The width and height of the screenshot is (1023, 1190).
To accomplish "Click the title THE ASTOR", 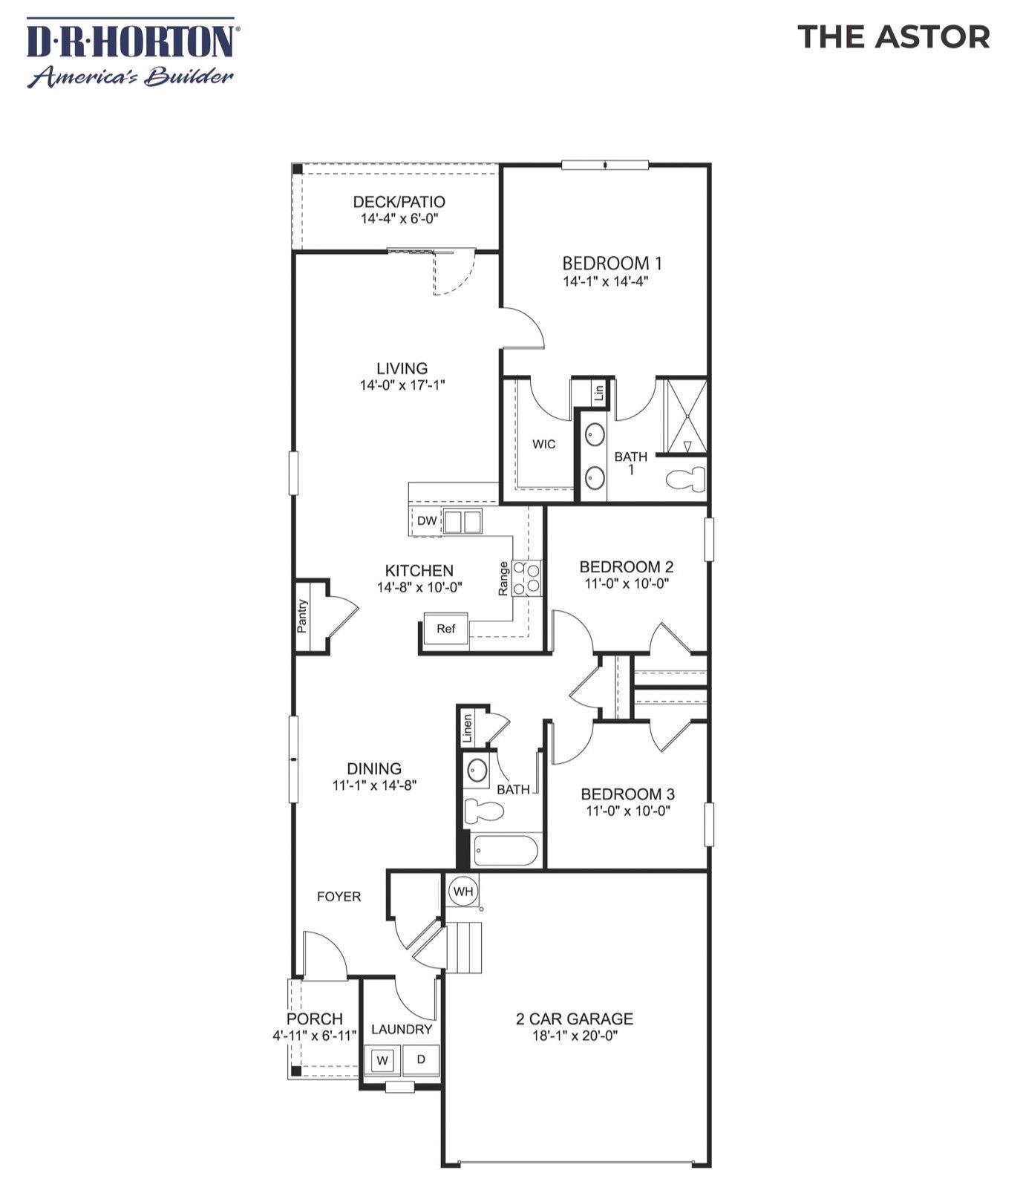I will (893, 36).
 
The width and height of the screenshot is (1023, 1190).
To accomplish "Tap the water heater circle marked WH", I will (463, 891).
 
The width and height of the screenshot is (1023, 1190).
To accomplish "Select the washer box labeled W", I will (382, 1060).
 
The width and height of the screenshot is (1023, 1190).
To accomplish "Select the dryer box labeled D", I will (420, 1059).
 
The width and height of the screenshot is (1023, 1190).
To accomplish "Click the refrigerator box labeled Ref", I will (445, 629).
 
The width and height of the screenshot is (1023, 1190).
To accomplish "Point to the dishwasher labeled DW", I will (426, 520).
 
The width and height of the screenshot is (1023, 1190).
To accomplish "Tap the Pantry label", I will (302, 615).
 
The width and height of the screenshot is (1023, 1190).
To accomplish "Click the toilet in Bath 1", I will (687, 480).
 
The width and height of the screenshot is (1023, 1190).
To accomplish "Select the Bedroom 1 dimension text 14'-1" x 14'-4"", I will (611, 281).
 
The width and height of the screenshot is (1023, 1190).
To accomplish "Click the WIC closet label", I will (543, 444).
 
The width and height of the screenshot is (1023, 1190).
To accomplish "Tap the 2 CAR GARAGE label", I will (574, 1019).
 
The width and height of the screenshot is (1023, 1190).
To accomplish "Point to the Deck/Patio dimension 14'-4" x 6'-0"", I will (399, 219).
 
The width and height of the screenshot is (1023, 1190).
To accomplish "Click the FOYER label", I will (339, 897).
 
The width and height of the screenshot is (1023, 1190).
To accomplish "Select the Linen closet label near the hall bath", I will (468, 728).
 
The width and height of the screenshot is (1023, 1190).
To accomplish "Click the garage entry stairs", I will (465, 947).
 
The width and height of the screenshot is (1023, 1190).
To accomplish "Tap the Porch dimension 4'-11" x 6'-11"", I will (314, 1035).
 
